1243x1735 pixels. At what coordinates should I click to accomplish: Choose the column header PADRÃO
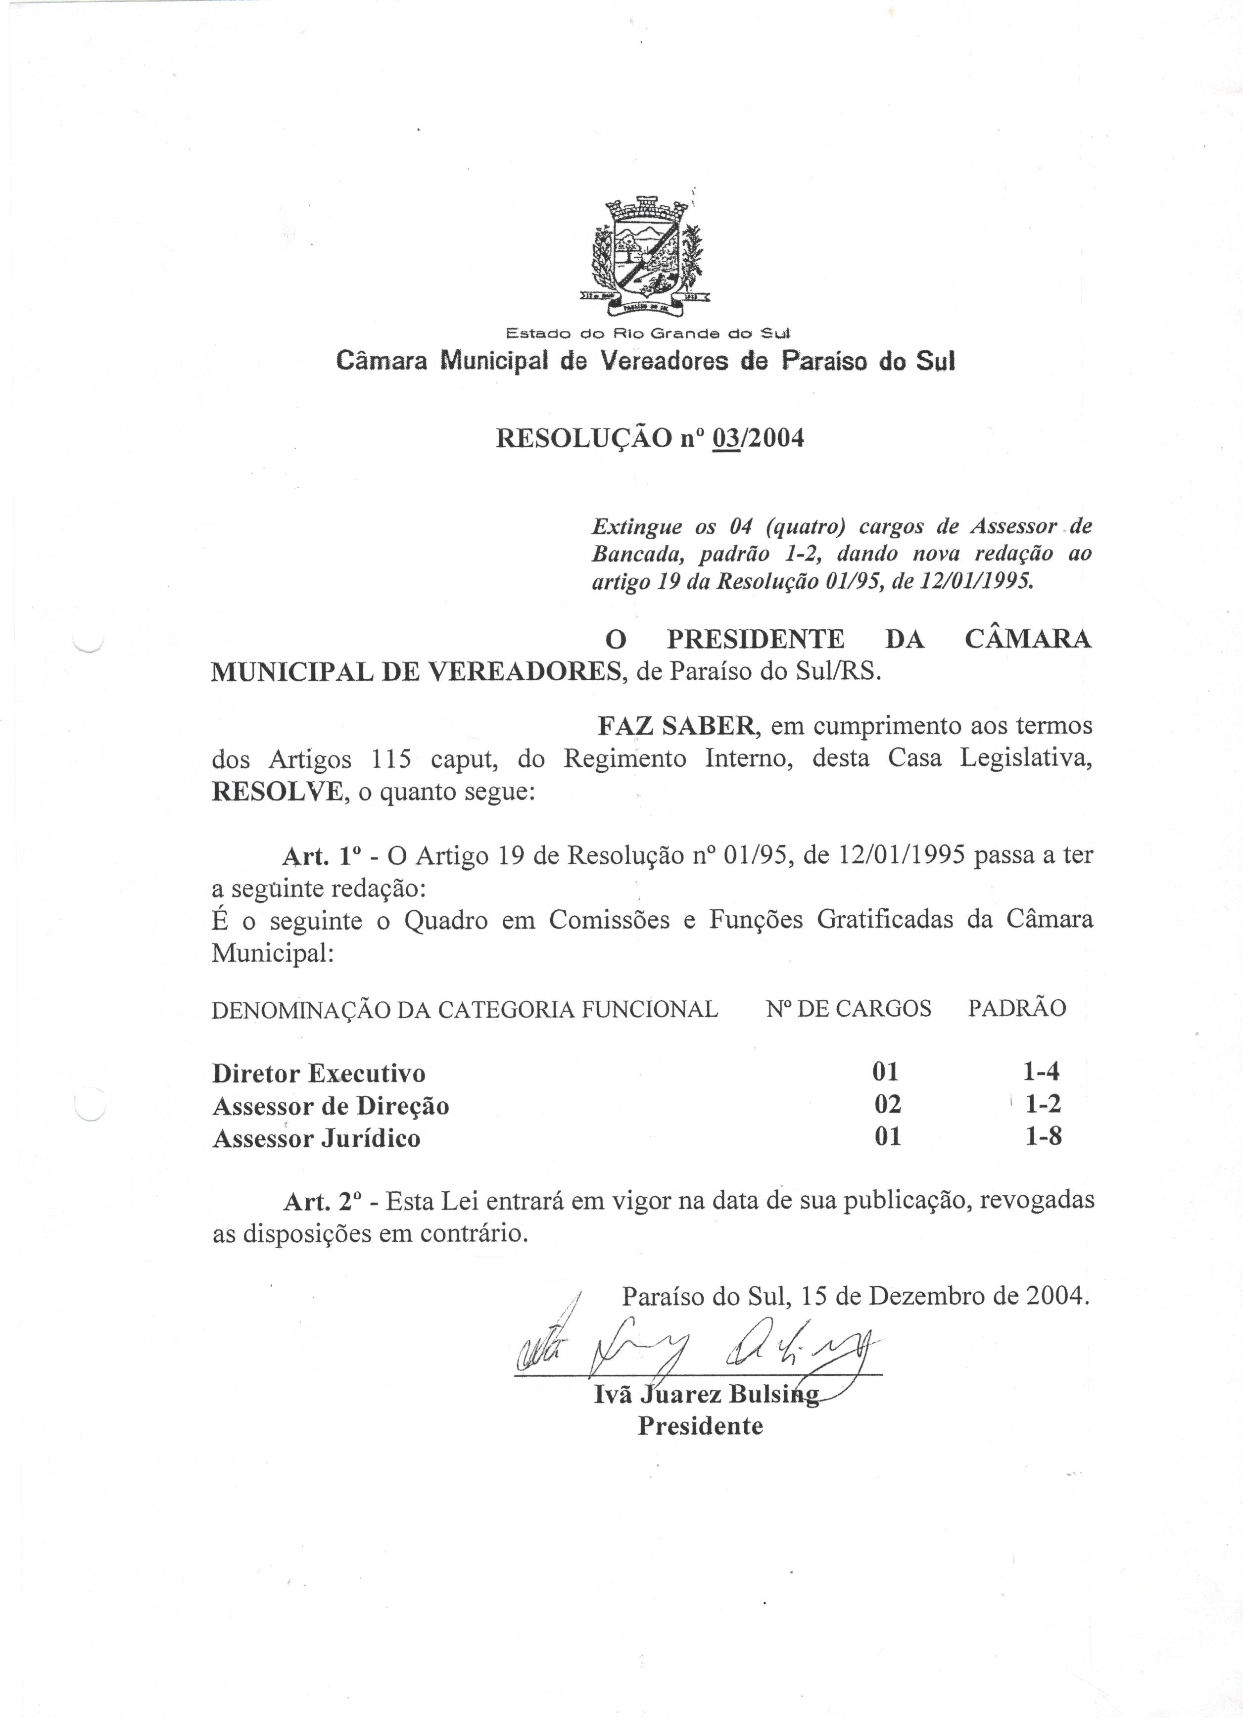(1016, 1008)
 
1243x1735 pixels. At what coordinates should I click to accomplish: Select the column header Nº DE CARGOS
(848, 1008)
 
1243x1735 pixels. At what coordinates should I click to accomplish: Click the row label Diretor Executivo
(319, 1073)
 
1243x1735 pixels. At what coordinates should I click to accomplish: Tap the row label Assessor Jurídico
(316, 1139)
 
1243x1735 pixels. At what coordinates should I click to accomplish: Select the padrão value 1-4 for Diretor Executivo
(1041, 1072)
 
